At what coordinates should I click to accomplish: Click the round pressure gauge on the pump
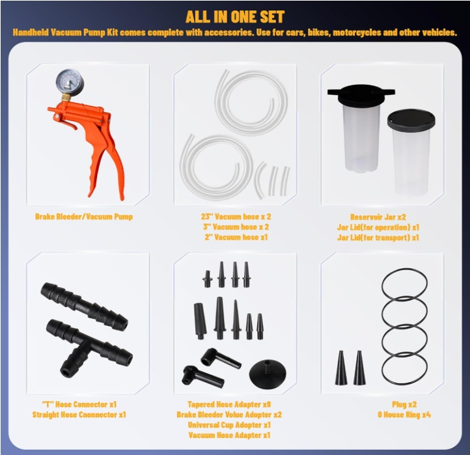tap(67, 81)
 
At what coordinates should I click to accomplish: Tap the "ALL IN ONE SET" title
tap(235, 17)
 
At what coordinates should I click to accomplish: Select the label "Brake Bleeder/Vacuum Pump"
tap(84, 216)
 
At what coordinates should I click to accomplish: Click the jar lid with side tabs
tap(361, 94)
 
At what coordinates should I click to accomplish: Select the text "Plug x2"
tap(404, 404)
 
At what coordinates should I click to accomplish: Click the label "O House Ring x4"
tap(404, 415)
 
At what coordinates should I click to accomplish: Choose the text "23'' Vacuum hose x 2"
tap(236, 216)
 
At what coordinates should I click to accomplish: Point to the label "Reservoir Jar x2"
tap(378, 217)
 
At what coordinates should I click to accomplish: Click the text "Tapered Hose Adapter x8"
tap(229, 404)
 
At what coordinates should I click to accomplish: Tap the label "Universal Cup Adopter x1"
tap(229, 425)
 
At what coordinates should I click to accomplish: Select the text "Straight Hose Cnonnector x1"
tap(79, 415)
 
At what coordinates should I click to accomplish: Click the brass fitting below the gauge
tap(66, 97)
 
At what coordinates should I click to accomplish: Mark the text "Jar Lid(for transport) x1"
tap(378, 238)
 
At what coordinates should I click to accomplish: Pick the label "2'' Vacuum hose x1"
tap(236, 237)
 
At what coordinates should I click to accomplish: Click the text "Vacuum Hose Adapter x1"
tap(229, 435)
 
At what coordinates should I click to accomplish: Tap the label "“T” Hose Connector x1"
tap(79, 404)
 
